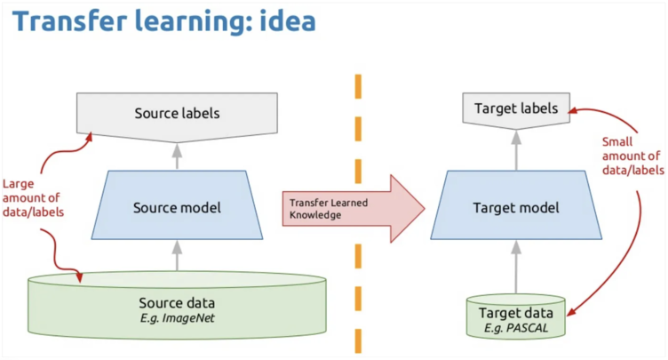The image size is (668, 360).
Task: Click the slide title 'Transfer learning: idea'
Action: click(164, 21)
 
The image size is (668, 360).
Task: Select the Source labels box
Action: click(176, 114)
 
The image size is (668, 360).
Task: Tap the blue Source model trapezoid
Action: click(176, 208)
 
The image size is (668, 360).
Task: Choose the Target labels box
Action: click(516, 109)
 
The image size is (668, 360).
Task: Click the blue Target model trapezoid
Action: click(516, 208)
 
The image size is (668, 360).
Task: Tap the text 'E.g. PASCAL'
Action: click(516, 330)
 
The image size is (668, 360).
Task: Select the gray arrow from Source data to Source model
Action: click(176, 256)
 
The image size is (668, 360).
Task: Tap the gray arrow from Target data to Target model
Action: click(516, 267)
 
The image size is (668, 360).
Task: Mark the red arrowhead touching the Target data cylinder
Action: click(572, 313)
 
